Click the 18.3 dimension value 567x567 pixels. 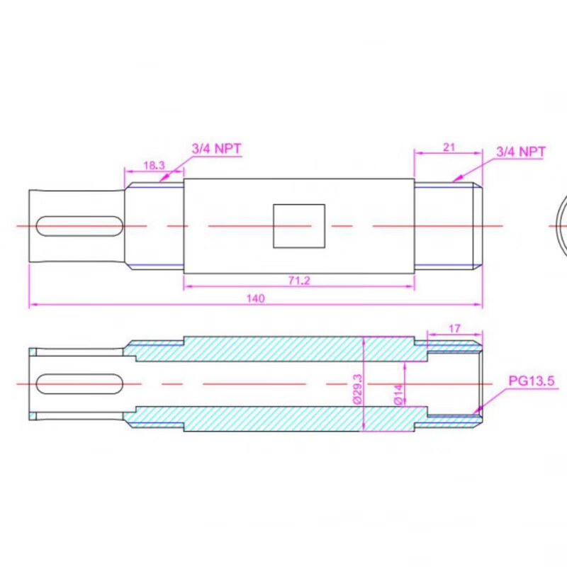click(x=154, y=164)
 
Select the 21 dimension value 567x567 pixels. click(x=448, y=147)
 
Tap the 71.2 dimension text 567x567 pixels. click(x=299, y=281)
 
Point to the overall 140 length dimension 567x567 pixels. click(x=255, y=299)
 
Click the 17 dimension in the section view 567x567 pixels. click(x=455, y=328)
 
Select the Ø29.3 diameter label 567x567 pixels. click(x=358, y=388)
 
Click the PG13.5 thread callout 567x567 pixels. click(x=530, y=381)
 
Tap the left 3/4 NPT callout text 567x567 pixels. click(x=216, y=149)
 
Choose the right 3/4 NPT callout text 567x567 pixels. click(x=520, y=151)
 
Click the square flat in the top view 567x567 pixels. click(x=299, y=226)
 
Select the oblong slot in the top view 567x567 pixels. click(x=78, y=226)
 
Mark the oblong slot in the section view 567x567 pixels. click(x=78, y=383)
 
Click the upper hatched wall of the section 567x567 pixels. click(x=283, y=349)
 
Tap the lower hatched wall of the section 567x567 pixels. click(x=283, y=419)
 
